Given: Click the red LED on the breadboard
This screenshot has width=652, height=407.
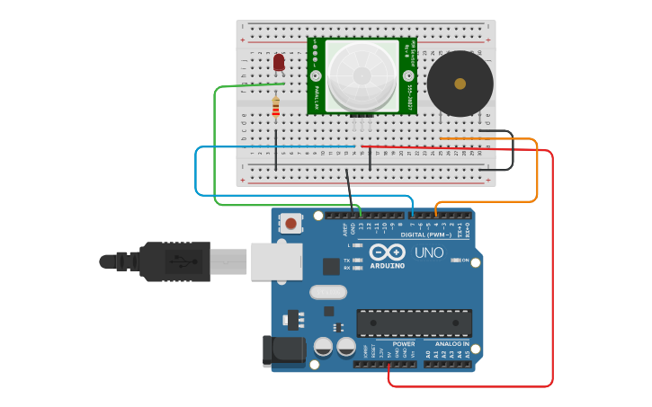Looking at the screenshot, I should (279, 62).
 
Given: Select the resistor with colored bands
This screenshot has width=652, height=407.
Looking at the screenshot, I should (276, 108).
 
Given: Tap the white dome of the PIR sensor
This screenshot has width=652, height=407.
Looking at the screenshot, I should (362, 76).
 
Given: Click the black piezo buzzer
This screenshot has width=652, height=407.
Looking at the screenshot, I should (460, 84).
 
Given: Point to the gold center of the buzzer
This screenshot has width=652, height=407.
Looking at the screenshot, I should (460, 84).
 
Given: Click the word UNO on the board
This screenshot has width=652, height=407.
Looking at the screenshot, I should (430, 252).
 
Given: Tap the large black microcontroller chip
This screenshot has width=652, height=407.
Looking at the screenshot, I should (414, 323).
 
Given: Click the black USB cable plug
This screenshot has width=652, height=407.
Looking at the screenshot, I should (174, 261).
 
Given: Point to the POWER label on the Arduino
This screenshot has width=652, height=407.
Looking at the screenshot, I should (404, 343).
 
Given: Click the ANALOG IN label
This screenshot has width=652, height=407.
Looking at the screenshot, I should (452, 343).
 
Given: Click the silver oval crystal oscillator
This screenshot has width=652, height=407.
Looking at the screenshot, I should (328, 291).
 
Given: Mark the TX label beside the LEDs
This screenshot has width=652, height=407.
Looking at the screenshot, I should (347, 261).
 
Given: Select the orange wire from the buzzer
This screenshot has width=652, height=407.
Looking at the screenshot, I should (537, 171).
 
